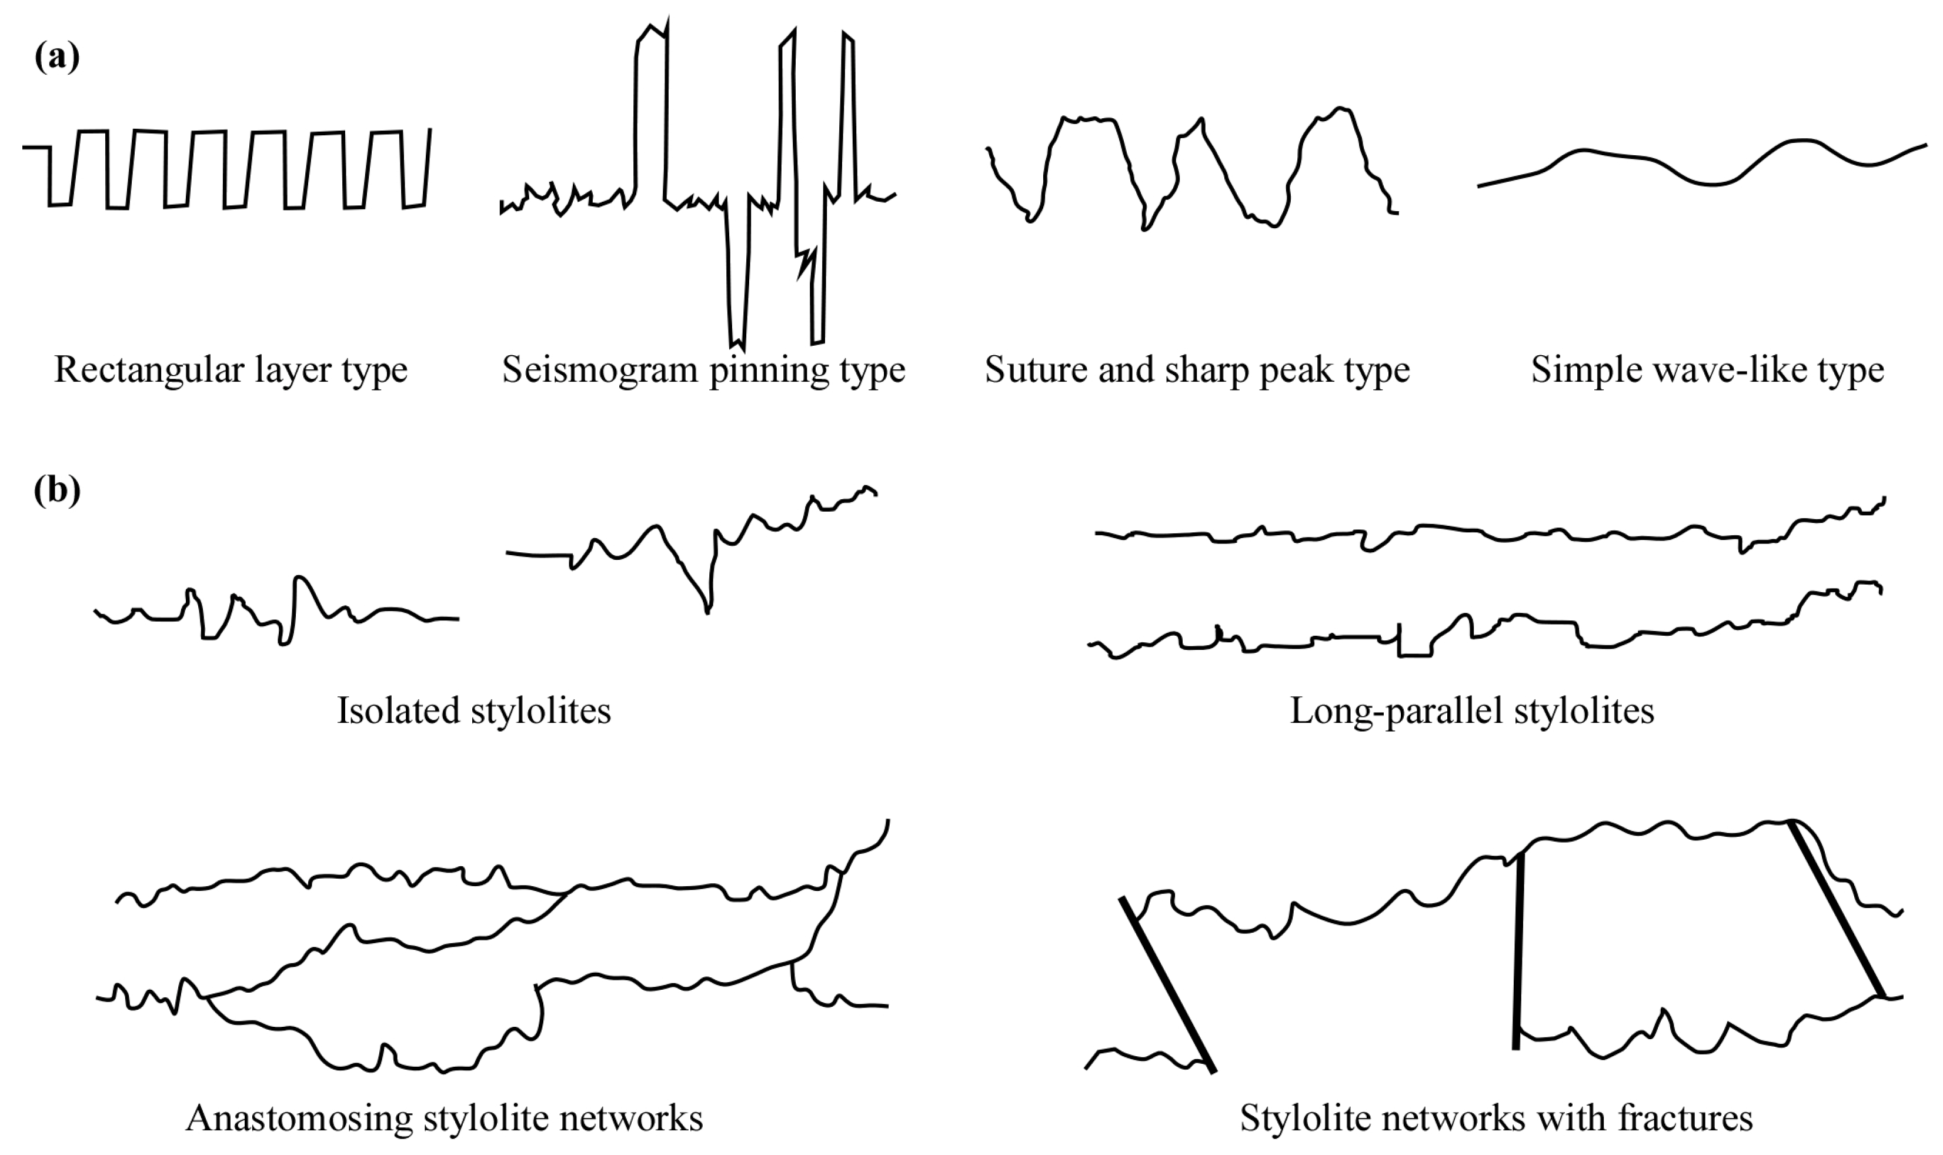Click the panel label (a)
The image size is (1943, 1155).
pyautogui.click(x=57, y=58)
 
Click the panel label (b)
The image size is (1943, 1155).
pyautogui.click(x=57, y=491)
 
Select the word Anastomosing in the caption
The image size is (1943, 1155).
pyautogui.click(x=299, y=1119)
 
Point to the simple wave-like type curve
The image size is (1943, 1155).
pyautogui.click(x=1712, y=183)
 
